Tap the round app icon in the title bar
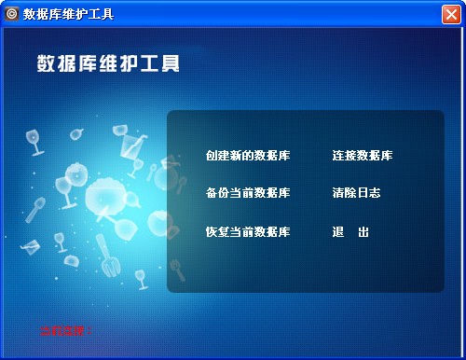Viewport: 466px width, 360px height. (x=12, y=13)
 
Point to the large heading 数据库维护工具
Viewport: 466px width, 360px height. (x=107, y=63)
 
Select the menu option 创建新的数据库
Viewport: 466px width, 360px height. (x=247, y=155)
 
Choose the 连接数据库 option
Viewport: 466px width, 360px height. (x=362, y=155)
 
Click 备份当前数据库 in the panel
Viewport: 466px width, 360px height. (x=247, y=193)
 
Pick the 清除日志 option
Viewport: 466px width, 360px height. (x=356, y=193)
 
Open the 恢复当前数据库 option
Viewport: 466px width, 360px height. (x=247, y=231)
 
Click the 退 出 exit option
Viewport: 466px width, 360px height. (x=350, y=231)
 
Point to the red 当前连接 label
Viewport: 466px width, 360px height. (x=66, y=330)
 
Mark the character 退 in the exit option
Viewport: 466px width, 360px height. (x=338, y=231)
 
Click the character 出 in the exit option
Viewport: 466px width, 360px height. (x=363, y=231)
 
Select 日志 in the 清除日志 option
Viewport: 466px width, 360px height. (x=368, y=193)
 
